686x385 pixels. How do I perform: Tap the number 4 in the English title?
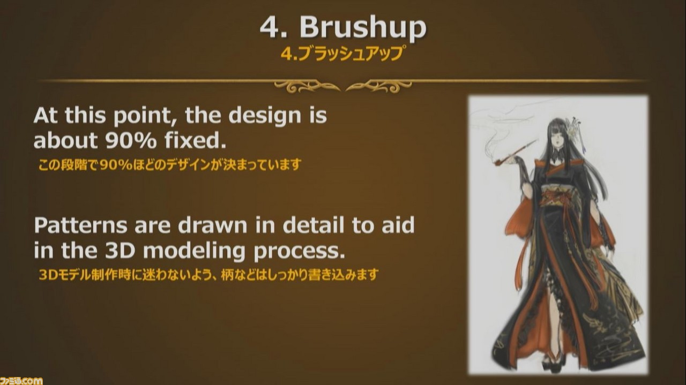pos(270,27)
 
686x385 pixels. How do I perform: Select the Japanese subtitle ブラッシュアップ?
pos(348,54)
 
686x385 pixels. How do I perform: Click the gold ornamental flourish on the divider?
pos(342,86)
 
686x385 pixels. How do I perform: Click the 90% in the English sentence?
pos(130,140)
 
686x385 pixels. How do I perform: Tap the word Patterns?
pos(80,225)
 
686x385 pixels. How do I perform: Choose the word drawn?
pos(212,225)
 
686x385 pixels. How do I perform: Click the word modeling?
pos(194,252)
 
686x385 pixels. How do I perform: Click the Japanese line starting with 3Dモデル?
pos(208,275)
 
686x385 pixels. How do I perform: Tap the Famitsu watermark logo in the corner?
pos(21,381)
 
